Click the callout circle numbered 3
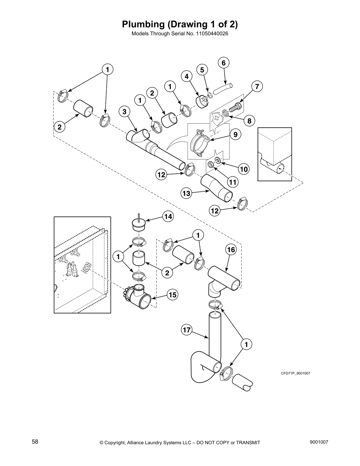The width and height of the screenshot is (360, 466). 124,112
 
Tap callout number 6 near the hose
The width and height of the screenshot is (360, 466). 224,63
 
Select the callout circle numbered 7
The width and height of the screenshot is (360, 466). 257,87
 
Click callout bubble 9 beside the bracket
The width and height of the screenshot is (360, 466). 236,134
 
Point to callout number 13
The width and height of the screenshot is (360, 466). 186,193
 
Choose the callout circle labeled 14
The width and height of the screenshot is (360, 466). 168,217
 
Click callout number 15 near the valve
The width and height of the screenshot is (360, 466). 173,294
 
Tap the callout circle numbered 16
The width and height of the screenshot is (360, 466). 231,250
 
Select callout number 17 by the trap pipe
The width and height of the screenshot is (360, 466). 187,330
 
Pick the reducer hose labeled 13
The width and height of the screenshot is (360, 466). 216,188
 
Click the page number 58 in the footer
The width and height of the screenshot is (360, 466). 35,442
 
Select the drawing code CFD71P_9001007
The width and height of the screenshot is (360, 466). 295,373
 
